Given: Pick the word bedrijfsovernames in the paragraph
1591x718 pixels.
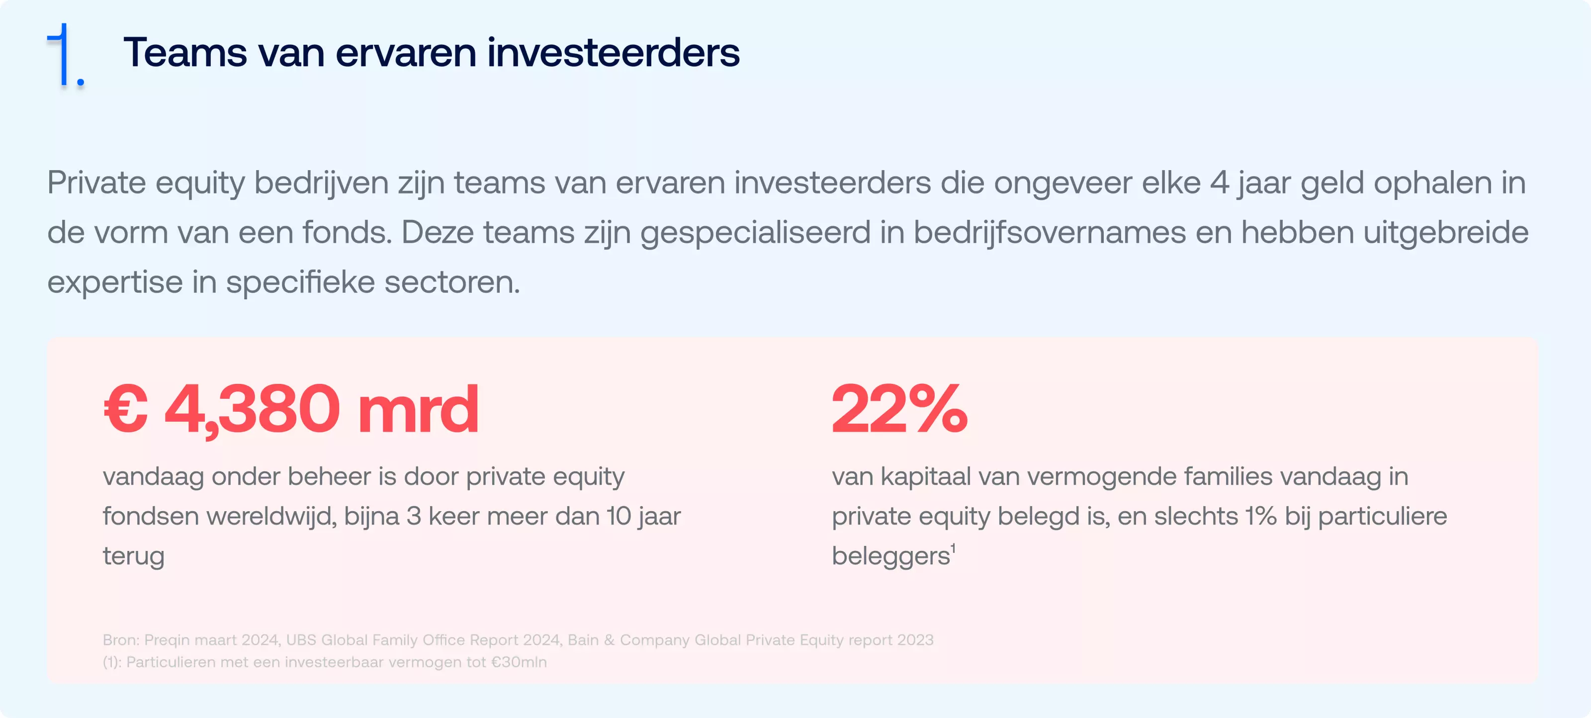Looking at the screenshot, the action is (1050, 233).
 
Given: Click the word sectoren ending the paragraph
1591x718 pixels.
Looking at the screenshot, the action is (452, 282).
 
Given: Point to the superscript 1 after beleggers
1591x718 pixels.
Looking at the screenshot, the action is (954, 548).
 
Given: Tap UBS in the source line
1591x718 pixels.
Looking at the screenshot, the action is (301, 639).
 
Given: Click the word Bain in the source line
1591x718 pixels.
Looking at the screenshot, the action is (583, 639).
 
